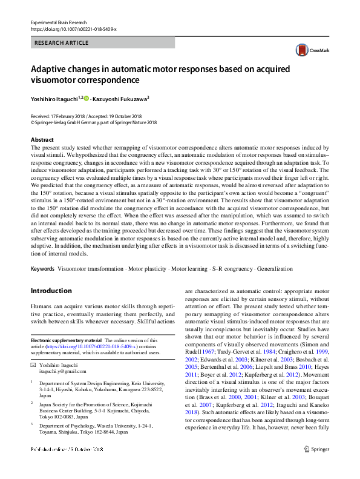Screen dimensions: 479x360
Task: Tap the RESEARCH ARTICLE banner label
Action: pyautogui.click(x=62, y=43)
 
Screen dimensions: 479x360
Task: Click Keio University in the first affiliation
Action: pyautogui.click(x=143, y=383)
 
